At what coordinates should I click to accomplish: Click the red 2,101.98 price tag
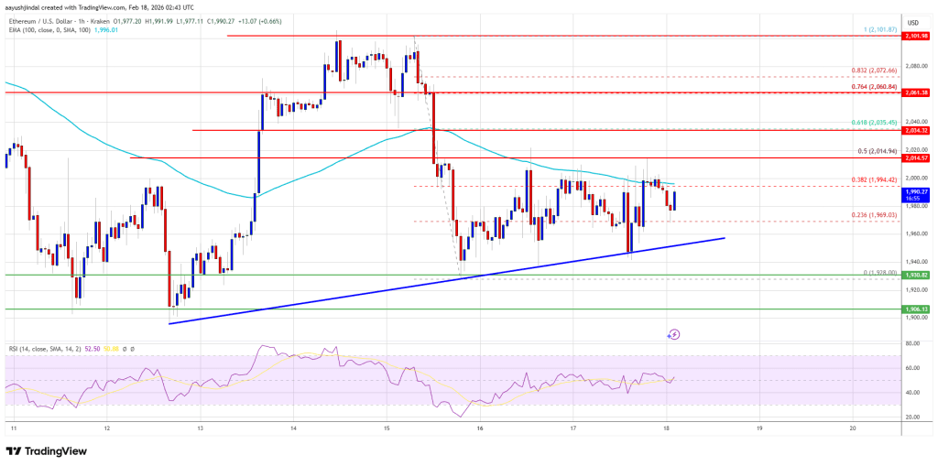[x=917, y=37]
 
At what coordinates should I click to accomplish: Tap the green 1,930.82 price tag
[x=917, y=275]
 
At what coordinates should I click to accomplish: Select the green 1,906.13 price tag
[x=917, y=309]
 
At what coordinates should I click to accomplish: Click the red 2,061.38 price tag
[x=917, y=93]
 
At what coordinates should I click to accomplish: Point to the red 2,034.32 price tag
[x=917, y=131]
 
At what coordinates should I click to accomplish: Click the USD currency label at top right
[x=912, y=22]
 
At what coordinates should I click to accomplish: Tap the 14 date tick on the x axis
[x=293, y=428]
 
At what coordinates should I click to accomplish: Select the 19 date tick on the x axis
[x=759, y=428]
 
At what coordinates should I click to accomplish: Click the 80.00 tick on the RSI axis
[x=912, y=343]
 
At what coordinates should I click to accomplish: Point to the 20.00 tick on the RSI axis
[x=912, y=417]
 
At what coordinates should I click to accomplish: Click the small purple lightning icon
[x=674, y=335]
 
